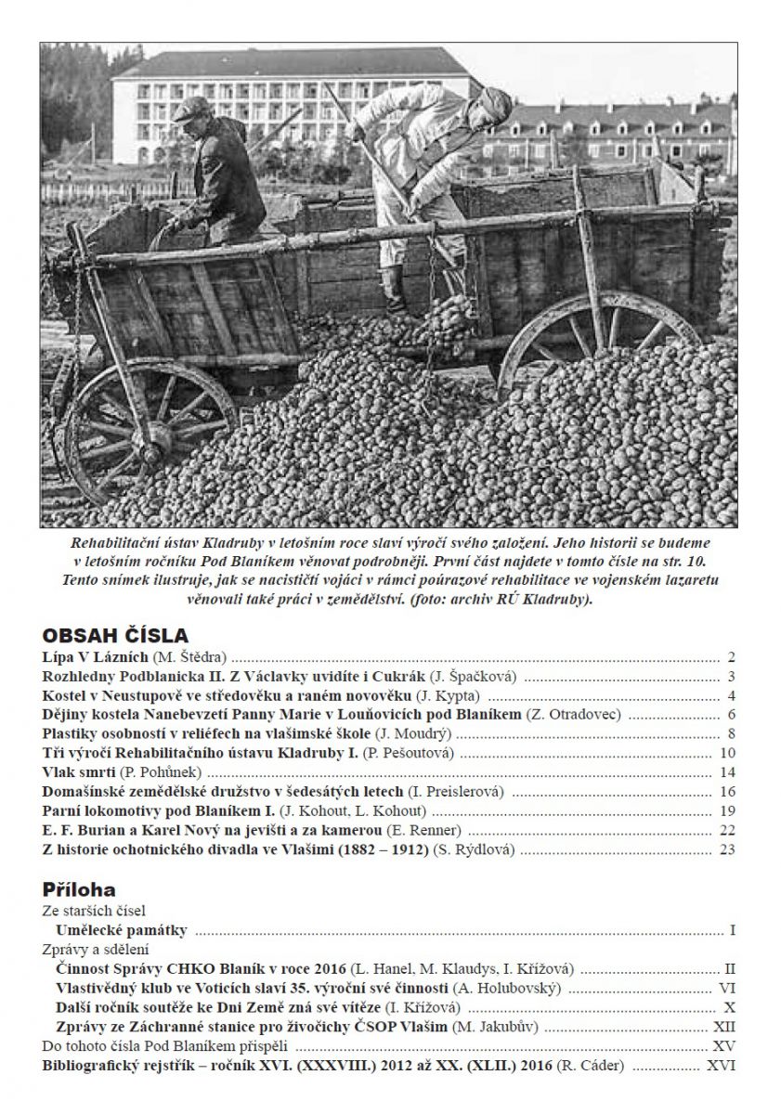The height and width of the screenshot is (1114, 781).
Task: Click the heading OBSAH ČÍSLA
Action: tap(116, 636)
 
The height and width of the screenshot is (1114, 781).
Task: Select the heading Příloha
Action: tap(81, 888)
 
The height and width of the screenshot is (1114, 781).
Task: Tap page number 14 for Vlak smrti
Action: tap(727, 772)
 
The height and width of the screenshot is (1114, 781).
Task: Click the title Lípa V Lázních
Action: tap(91, 656)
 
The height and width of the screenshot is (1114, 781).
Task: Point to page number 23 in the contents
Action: tap(727, 849)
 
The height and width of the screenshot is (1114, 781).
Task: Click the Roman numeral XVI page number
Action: tap(722, 1065)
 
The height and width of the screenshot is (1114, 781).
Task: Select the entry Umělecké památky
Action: tap(122, 930)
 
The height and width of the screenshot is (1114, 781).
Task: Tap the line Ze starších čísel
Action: tap(94, 911)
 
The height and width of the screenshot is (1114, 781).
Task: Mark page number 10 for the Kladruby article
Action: tap(727, 753)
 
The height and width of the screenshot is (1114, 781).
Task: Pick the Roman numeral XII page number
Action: tap(723, 1026)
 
